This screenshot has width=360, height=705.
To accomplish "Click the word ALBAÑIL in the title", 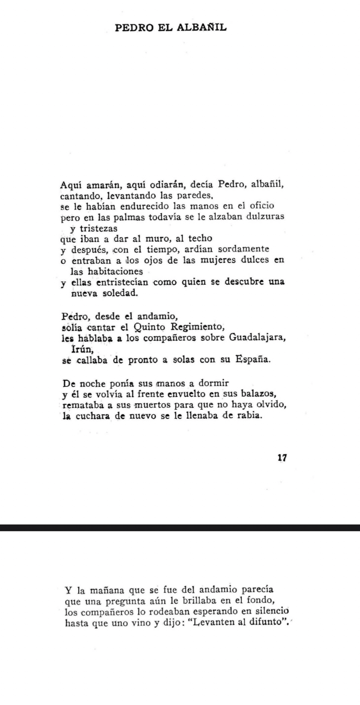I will coord(202,27).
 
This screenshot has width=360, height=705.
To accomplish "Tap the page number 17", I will coord(282,458).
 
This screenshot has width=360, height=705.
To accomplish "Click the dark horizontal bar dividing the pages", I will coord(180,527).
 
